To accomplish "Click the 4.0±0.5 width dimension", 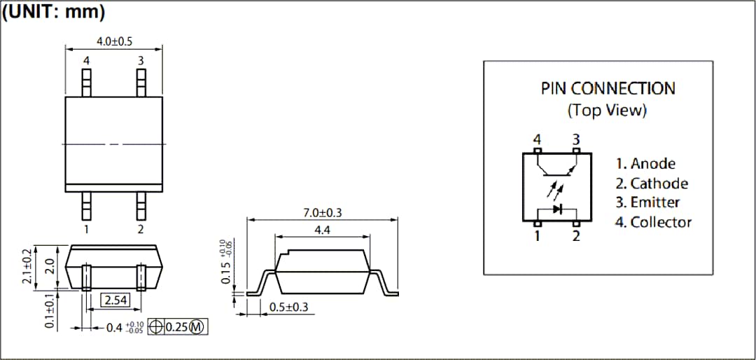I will (x=114, y=41).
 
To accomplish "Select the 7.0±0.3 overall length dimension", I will (x=322, y=213).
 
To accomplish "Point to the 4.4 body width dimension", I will (x=322, y=230).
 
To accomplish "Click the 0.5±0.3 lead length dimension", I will (x=288, y=307).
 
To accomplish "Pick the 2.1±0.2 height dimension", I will (x=27, y=267).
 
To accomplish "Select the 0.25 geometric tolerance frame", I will (x=178, y=327).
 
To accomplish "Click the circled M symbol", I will (x=197, y=327).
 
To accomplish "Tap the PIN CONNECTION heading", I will (x=608, y=89).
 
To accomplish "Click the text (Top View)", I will (x=608, y=110).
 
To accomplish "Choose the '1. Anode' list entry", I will (x=645, y=164).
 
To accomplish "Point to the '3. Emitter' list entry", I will (x=647, y=202).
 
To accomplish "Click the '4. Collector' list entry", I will (x=653, y=222).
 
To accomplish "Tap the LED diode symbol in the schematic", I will (x=557, y=209).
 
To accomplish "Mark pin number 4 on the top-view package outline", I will (x=87, y=61).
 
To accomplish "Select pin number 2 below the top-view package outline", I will (x=141, y=229).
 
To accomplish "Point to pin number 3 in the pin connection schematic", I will (x=576, y=139).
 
